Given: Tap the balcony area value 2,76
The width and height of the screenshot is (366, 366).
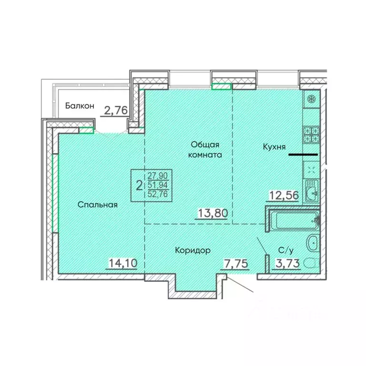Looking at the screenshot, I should point(116,111).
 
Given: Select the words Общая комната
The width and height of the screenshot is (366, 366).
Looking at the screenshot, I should point(205,150).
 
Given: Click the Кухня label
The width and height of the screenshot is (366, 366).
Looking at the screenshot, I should point(274,147).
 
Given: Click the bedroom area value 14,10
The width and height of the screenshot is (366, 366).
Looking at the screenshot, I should point(121,263).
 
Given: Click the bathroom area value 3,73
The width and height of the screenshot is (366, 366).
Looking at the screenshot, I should point(288,263).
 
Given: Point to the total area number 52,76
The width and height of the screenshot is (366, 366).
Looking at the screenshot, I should point(161,193).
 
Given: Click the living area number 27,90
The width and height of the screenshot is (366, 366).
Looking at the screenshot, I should point(161,176).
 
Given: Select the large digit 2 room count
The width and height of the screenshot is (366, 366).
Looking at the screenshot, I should point(139,185).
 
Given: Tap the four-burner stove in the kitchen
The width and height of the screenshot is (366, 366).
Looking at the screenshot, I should point(311,134).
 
